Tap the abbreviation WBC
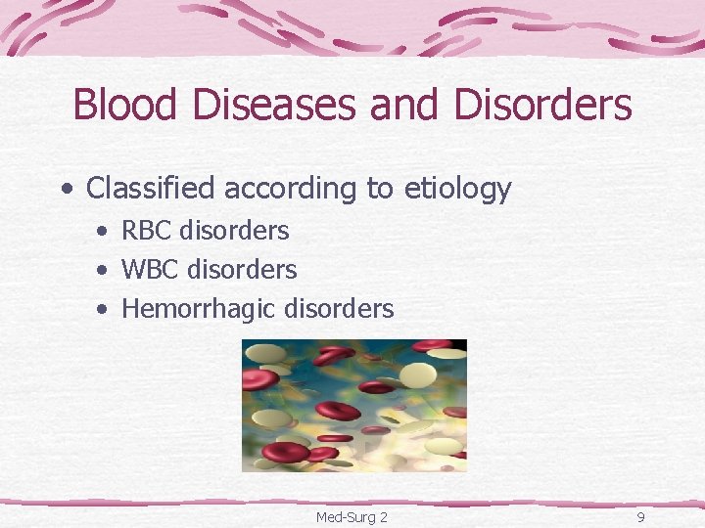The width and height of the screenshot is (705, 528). (x=151, y=269)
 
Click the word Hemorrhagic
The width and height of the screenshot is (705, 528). (x=198, y=309)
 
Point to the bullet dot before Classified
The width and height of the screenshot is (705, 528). (x=65, y=189)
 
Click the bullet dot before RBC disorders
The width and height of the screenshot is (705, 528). (x=103, y=232)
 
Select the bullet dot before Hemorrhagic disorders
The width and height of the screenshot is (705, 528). (x=103, y=310)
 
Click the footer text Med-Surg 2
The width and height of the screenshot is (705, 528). (x=352, y=516)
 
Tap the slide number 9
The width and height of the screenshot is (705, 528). (x=640, y=516)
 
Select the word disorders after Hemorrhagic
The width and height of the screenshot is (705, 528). (x=339, y=309)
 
